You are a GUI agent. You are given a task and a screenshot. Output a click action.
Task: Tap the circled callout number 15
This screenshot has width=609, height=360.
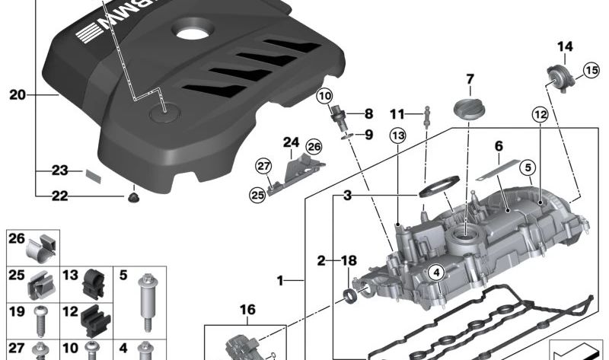592,71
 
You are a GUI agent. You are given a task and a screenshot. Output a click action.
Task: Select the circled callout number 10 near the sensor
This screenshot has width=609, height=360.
325,96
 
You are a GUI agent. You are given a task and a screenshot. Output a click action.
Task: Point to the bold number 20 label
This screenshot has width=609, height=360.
17,94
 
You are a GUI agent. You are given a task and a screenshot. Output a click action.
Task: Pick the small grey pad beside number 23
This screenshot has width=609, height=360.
93,176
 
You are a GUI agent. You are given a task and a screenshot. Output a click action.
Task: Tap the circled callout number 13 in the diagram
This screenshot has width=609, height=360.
398,135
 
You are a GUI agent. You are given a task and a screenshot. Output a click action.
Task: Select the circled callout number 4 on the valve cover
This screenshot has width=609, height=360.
436,272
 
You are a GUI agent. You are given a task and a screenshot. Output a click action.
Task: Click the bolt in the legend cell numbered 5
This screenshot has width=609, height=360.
146,302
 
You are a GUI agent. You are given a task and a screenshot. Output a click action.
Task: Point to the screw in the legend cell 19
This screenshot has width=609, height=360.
40,320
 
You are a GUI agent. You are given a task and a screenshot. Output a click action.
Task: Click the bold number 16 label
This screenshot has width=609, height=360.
247,310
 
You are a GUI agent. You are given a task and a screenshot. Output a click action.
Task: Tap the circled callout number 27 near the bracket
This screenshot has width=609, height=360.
263,166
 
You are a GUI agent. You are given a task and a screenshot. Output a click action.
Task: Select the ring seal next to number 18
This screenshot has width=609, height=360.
349,295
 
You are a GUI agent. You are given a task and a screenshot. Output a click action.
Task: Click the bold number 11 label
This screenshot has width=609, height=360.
397,114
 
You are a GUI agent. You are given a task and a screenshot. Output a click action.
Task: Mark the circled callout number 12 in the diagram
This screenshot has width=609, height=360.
540,115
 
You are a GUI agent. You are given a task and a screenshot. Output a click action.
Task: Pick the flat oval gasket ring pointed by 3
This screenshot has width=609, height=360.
439,186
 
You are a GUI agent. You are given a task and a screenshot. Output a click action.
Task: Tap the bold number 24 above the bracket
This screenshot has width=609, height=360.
292,142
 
